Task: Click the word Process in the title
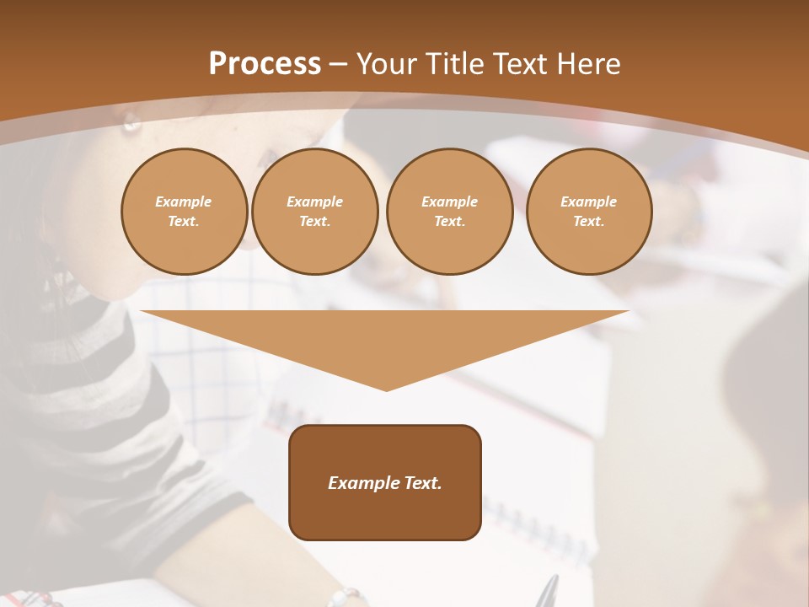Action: point(265,63)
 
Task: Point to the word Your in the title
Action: point(387,64)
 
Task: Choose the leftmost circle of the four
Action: point(184,212)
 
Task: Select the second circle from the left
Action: point(314,212)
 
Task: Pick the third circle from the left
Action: point(449,212)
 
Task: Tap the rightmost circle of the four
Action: point(588,212)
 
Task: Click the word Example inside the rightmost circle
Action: point(588,201)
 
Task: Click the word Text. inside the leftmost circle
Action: point(184,222)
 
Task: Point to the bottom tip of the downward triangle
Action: point(386,389)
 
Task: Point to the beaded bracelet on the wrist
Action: point(346,596)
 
